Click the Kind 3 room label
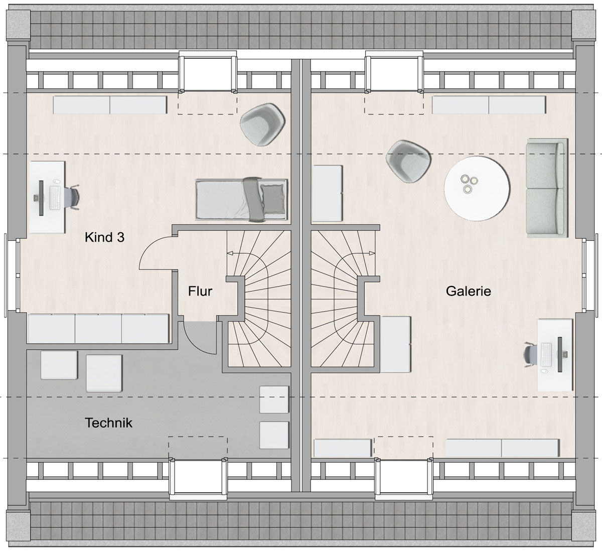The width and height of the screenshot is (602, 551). (x=104, y=237)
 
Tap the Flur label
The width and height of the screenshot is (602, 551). (x=200, y=291)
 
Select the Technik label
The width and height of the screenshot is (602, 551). (x=109, y=423)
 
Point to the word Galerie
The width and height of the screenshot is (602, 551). (x=469, y=291)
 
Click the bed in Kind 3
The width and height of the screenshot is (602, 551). (x=242, y=199)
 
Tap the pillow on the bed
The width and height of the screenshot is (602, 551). (x=272, y=199)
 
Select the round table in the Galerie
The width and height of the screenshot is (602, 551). (x=477, y=188)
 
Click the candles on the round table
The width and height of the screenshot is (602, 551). (x=469, y=183)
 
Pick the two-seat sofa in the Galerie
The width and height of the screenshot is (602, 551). (x=547, y=188)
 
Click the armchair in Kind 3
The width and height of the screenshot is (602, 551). (x=263, y=124)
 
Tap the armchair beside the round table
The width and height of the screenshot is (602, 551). (x=408, y=161)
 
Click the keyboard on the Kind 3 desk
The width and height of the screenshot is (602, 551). (x=55, y=198)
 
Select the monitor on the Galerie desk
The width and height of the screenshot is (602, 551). (x=560, y=354)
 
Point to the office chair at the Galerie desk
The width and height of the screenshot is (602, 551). (x=530, y=355)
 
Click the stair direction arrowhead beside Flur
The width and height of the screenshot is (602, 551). (x=230, y=253)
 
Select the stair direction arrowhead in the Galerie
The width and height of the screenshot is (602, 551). (x=372, y=253)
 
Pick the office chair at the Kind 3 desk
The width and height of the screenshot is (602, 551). (x=72, y=197)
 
